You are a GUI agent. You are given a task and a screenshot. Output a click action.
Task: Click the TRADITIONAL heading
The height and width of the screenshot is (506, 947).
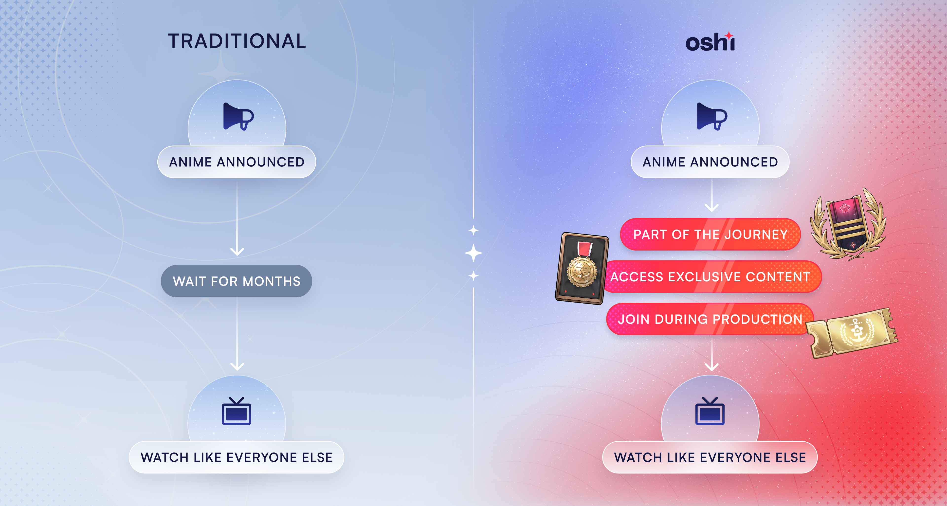[x=237, y=41]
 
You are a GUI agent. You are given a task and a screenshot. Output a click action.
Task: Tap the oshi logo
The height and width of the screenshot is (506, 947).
[x=710, y=41]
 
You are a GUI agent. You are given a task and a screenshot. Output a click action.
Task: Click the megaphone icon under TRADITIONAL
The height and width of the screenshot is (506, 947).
[x=238, y=116]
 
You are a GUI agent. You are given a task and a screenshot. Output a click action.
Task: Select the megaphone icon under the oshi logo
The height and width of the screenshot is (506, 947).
[x=712, y=116]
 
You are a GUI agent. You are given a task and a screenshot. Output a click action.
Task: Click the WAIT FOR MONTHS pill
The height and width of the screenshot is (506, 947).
[x=237, y=281]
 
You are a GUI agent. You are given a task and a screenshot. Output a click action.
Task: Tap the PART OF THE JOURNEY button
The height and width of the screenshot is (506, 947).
[x=710, y=234]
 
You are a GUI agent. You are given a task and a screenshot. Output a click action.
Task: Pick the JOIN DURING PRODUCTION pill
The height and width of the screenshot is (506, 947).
[x=710, y=319]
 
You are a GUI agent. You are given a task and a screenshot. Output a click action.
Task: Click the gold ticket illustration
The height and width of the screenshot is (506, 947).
[x=852, y=333]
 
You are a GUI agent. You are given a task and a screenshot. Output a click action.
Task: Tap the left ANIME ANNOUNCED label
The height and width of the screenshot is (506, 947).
[x=237, y=162]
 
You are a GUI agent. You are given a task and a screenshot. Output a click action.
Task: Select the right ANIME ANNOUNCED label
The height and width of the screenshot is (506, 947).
[x=710, y=162]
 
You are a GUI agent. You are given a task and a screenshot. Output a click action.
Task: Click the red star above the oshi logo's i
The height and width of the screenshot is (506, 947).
[x=729, y=35]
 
